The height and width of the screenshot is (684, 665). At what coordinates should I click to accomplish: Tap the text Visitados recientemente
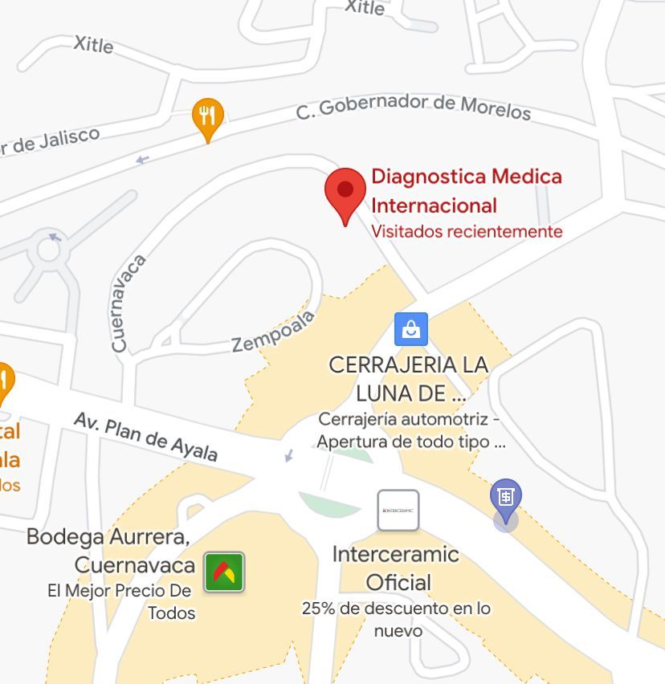(467, 232)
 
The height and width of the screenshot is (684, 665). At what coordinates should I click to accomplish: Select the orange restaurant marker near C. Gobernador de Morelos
(208, 116)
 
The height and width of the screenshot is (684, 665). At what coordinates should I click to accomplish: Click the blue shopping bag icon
(410, 328)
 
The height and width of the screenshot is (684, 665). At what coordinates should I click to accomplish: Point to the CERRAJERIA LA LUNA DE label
(408, 378)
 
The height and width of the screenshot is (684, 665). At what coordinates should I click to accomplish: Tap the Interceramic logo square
(398, 511)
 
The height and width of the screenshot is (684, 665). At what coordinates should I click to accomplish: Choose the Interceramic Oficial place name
(396, 568)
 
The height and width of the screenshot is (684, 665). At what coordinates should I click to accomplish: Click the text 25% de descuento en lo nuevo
(396, 619)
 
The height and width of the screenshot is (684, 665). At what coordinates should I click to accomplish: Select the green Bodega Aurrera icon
(224, 572)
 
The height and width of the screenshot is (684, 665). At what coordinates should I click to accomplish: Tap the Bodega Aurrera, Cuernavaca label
(111, 551)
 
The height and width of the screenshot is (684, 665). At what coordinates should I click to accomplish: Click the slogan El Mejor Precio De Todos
(120, 601)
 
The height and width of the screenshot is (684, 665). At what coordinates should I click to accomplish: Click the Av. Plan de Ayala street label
(145, 437)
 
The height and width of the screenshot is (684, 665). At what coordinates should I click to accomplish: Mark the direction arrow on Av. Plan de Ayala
(289, 456)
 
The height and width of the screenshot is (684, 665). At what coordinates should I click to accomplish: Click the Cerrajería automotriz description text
(410, 430)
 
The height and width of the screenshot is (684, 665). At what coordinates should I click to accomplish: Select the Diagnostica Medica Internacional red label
(466, 190)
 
